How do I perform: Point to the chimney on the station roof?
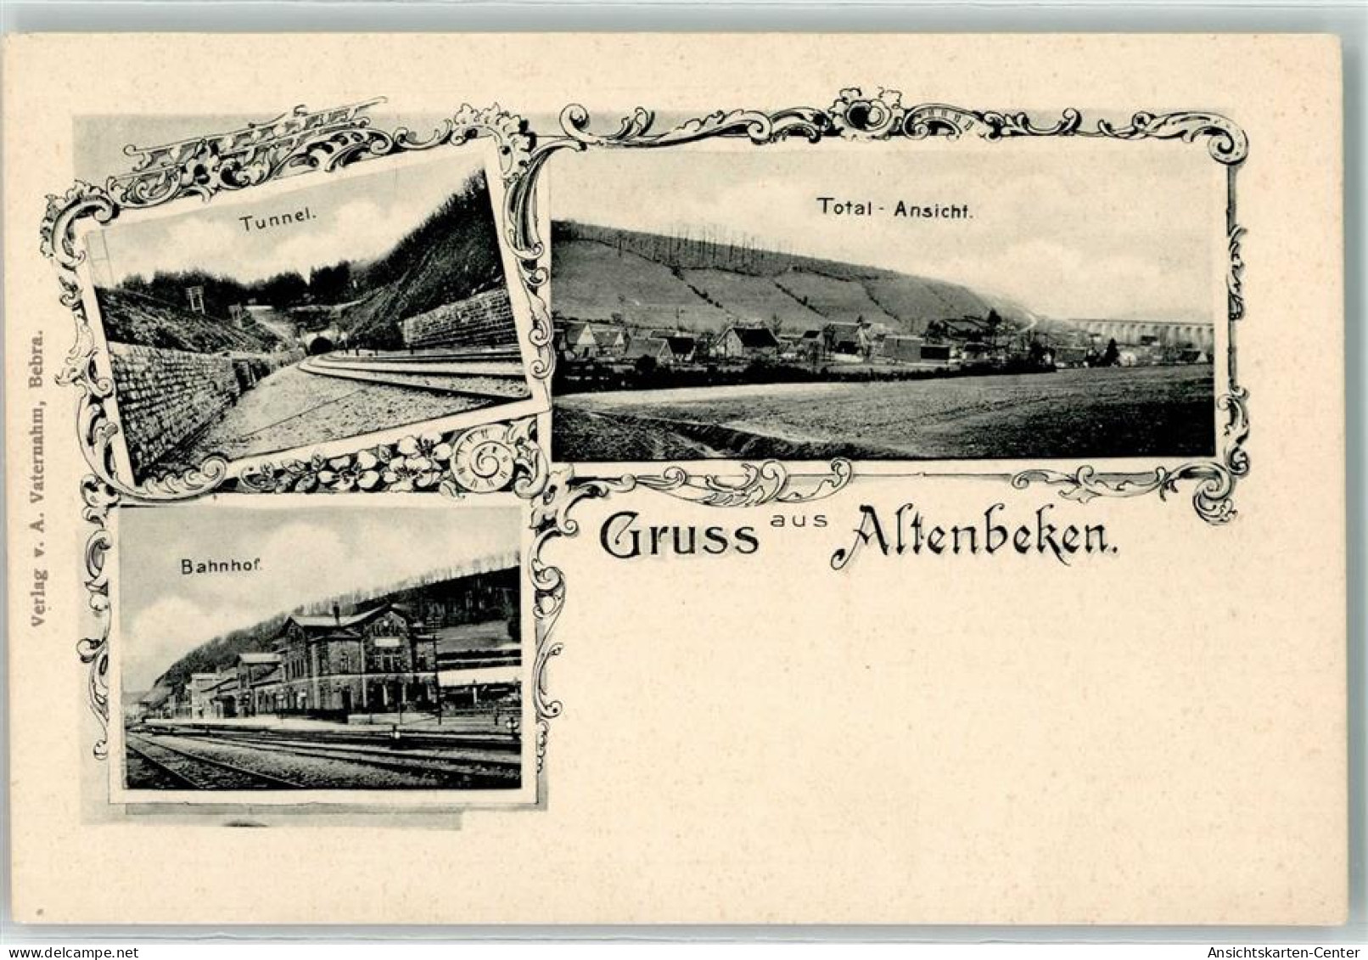pos(335,612)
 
